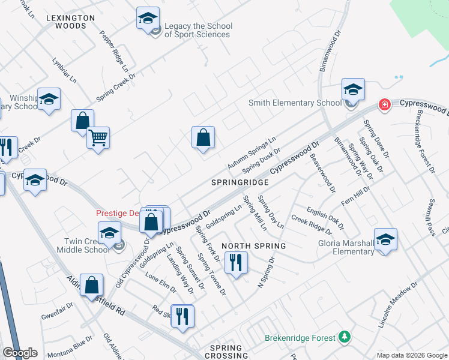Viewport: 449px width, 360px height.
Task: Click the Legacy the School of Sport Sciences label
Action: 197,31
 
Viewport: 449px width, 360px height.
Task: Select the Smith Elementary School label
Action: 295,103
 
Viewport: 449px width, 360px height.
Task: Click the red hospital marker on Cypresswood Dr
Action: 384,105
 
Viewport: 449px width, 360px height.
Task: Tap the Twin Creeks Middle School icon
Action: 109,232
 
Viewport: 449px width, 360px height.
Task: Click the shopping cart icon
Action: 98,137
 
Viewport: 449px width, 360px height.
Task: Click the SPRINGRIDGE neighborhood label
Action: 239,181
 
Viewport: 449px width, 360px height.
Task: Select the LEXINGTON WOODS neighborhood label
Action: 71,22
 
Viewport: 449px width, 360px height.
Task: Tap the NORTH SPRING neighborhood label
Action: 253,246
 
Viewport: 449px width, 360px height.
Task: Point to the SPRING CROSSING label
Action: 226,352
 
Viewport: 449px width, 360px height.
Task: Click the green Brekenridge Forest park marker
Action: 344,337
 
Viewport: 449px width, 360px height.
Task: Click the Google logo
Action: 20,353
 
